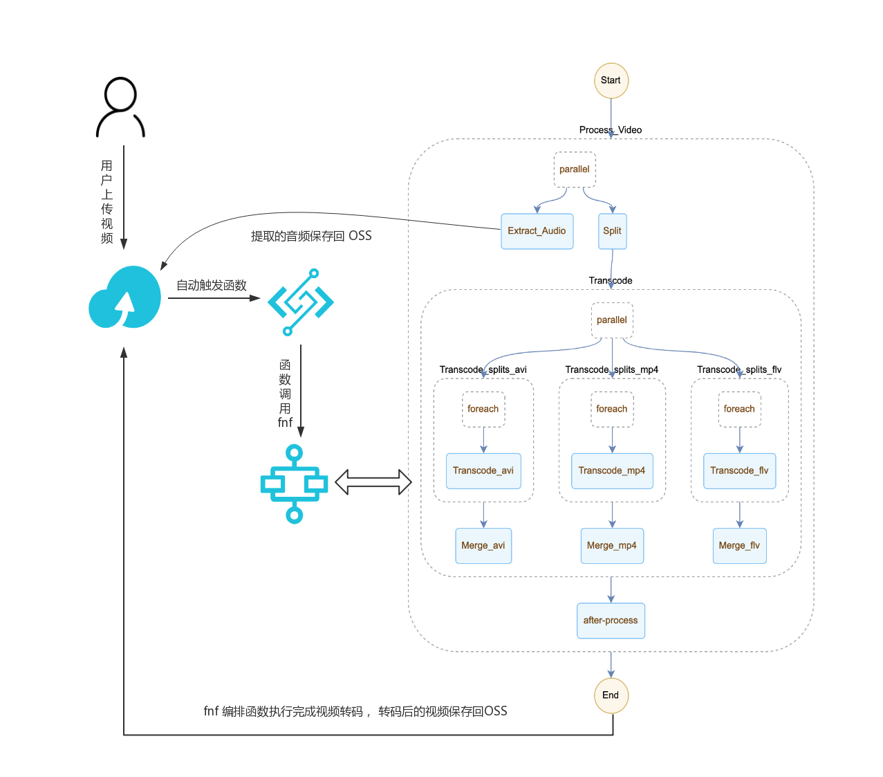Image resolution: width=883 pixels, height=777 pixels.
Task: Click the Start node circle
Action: [611, 80]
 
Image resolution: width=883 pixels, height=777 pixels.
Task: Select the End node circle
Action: [611, 695]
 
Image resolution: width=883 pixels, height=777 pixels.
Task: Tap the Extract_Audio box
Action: [537, 231]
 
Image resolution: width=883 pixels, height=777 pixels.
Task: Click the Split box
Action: [612, 231]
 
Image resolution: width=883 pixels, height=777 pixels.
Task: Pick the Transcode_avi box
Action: [483, 471]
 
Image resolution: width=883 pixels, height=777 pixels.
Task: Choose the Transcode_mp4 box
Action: [612, 471]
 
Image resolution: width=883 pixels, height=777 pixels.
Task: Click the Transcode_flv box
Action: [739, 471]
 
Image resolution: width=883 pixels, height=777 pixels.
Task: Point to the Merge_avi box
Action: [483, 546]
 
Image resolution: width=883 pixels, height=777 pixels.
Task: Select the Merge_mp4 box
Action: [612, 546]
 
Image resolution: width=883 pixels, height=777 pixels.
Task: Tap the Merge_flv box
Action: [739, 546]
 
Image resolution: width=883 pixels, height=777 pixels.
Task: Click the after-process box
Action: [611, 621]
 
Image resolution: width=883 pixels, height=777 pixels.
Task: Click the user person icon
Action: [120, 107]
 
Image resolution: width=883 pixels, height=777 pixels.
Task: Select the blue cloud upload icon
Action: [125, 298]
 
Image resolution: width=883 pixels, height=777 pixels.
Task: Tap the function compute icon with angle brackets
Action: [301, 302]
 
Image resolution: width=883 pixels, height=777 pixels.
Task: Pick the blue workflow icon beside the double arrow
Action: [295, 484]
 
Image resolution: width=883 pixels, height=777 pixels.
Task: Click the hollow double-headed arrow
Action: [373, 482]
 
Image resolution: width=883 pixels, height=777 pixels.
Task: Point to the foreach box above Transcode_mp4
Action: [612, 409]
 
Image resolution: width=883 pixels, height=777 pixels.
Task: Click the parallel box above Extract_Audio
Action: [575, 170]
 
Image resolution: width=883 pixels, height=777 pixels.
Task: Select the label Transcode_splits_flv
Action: [739, 369]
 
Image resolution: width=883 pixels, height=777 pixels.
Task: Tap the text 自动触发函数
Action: [212, 285]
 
